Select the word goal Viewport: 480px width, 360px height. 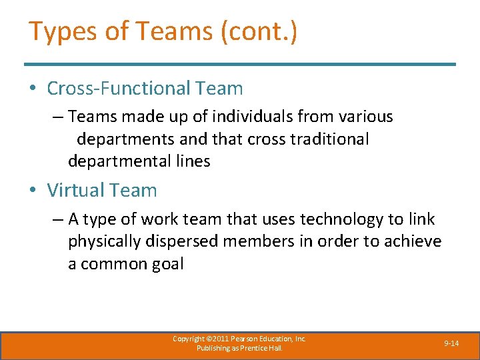[167, 263]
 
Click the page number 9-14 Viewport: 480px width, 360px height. [451, 343]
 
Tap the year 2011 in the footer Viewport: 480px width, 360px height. [219, 339]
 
